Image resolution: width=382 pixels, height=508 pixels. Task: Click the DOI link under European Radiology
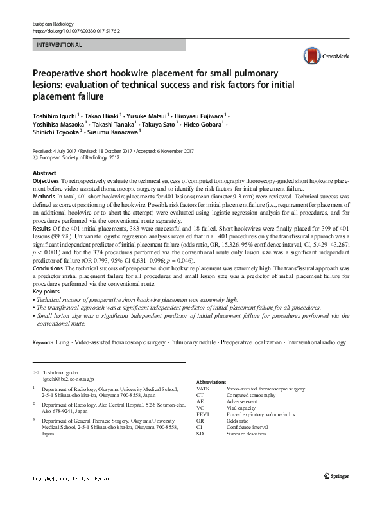[x=75, y=31]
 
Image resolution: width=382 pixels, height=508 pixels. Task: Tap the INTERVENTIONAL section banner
[x=59, y=45]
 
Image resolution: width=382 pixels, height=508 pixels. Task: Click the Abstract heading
[x=44, y=174]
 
